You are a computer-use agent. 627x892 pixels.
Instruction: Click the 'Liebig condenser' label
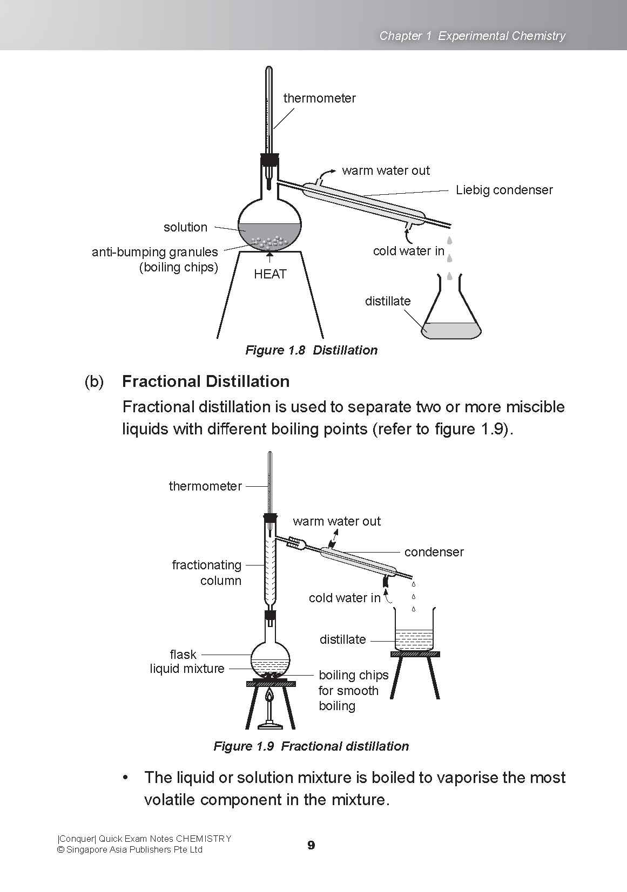click(x=504, y=190)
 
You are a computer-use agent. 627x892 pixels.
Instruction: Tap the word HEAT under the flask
click(x=270, y=274)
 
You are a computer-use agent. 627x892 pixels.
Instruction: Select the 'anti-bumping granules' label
click(x=154, y=252)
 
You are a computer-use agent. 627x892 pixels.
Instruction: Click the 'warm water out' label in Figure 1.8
click(x=386, y=171)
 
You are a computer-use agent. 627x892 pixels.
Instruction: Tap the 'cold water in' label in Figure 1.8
click(x=408, y=251)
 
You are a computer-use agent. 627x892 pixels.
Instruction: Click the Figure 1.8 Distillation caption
click(x=311, y=350)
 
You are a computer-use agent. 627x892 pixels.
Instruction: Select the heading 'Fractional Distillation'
click(x=206, y=382)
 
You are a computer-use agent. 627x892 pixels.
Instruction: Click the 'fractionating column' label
click(x=206, y=573)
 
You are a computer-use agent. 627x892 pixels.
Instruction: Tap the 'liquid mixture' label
click(x=187, y=669)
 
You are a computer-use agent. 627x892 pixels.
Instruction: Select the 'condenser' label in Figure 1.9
click(x=434, y=552)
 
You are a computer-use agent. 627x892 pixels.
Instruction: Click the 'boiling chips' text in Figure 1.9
click(x=353, y=675)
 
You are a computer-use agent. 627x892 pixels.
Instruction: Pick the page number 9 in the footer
click(x=311, y=845)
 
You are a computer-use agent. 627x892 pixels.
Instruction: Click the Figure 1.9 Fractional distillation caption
click(x=311, y=746)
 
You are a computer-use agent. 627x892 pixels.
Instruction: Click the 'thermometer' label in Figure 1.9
click(x=205, y=486)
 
